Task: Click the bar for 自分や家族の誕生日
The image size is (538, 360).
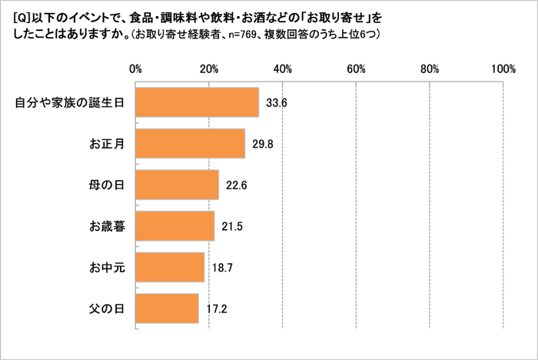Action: (196, 102)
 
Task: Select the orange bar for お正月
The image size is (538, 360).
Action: (189, 143)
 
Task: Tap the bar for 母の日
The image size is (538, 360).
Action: (176, 185)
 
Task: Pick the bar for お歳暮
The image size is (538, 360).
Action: (174, 226)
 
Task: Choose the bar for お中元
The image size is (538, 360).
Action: (169, 268)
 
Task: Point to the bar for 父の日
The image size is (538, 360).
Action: (166, 309)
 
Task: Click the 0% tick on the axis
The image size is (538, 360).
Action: (136, 68)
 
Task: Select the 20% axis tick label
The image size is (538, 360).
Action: (208, 68)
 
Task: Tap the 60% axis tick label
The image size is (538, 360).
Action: (356, 68)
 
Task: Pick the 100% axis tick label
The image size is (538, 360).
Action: (503, 68)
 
